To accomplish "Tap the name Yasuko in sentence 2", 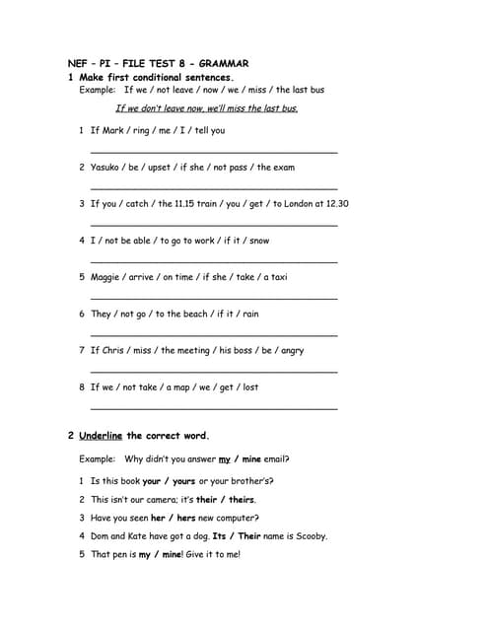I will tap(105, 168).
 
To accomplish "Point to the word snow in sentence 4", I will tap(259, 241).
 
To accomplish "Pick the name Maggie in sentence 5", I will tap(105, 277).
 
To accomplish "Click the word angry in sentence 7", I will tap(292, 350).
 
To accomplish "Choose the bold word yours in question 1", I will tap(183, 482).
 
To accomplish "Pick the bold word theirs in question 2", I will tap(243, 500).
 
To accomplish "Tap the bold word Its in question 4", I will tap(220, 536).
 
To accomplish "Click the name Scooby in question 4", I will tap(310, 536).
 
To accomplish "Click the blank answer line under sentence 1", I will tap(213, 151).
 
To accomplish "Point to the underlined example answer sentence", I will tap(206, 108).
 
